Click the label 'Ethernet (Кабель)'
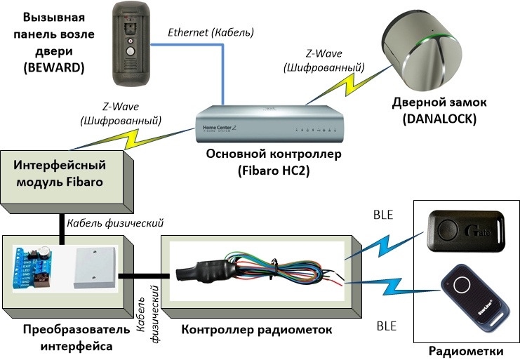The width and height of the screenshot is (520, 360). click(211, 33)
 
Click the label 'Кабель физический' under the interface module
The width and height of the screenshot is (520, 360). click(115, 223)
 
